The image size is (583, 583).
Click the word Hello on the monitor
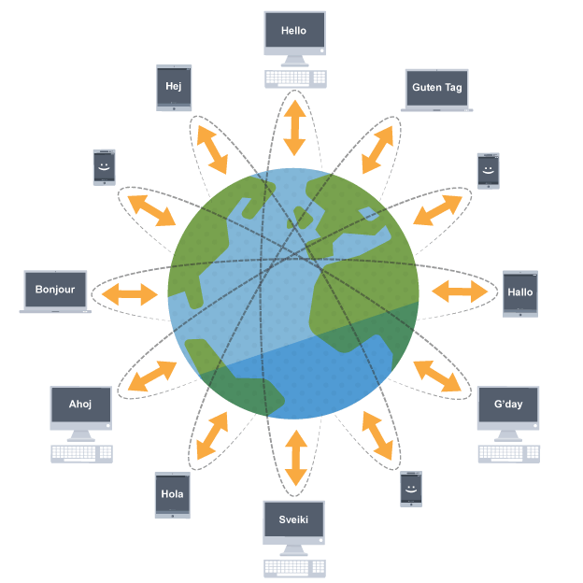293,31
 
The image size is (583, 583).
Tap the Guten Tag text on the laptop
436,88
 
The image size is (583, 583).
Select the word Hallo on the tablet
519,292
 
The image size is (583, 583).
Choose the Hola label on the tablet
172,494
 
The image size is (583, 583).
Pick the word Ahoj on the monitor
81,405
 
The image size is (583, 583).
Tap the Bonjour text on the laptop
55,290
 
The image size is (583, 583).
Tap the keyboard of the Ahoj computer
81,454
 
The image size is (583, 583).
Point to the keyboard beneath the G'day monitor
507,454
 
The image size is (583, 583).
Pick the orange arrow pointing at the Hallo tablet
460,292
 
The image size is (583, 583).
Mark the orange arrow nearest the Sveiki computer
295,459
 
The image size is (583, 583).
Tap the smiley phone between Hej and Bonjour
103,167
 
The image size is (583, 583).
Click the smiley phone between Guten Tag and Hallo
488,171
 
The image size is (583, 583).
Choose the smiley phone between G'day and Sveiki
410,489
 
